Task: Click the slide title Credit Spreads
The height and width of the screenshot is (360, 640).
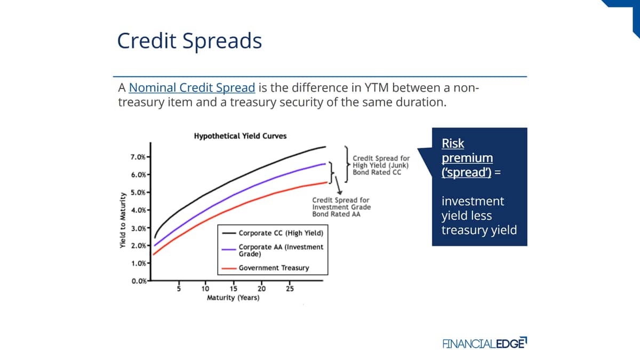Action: [189, 41]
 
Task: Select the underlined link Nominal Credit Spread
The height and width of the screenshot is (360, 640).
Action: [192, 87]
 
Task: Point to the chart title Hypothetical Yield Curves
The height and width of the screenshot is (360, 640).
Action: [241, 136]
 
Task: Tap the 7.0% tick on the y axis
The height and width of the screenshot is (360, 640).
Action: [138, 157]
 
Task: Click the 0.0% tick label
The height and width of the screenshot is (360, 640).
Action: [139, 281]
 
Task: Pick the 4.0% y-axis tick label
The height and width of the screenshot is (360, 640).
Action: [138, 210]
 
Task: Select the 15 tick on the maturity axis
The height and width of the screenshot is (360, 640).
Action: [234, 289]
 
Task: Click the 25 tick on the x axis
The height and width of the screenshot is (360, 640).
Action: [290, 289]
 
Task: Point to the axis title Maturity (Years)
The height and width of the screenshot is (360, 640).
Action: [233, 298]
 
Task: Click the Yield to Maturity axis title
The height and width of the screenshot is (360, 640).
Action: [123, 220]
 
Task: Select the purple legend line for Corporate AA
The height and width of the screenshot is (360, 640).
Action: [229, 250]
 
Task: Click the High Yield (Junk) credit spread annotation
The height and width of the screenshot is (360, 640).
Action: [381, 165]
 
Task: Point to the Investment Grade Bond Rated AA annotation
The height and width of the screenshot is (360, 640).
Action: [341, 207]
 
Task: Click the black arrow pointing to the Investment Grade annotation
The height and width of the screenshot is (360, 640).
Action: [338, 185]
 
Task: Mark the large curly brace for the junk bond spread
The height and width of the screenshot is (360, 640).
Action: [347, 164]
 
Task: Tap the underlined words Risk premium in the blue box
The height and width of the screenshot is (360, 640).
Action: [467, 150]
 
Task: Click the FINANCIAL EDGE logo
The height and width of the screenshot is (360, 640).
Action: [485, 343]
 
